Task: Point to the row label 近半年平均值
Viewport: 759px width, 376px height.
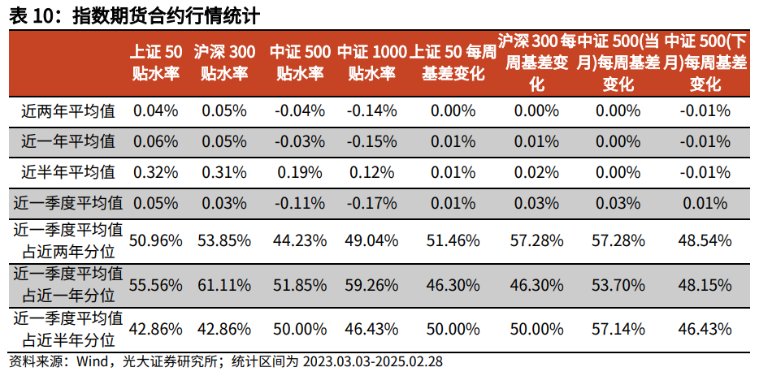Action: click(x=68, y=171)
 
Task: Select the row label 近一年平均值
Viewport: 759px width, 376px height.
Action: click(x=68, y=141)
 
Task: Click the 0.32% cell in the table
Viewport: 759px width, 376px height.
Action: click(x=155, y=171)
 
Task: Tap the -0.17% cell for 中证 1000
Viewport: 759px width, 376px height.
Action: click(x=371, y=202)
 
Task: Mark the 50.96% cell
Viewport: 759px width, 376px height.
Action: click(x=155, y=240)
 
